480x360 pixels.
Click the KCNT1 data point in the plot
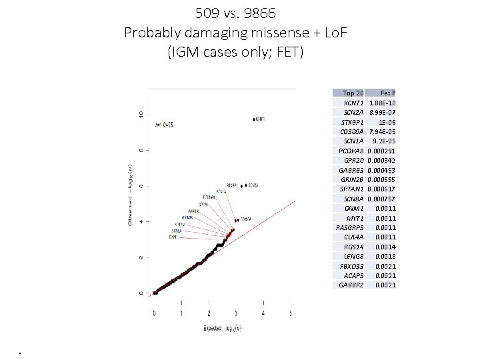click(253, 120)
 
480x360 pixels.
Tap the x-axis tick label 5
click(291, 313)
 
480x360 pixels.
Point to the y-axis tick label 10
click(139, 115)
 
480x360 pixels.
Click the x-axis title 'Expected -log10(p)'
click(222, 328)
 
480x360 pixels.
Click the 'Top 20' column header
click(353, 93)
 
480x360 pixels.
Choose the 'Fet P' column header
click(388, 93)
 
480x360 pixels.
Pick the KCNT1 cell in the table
click(353, 103)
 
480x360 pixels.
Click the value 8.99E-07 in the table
click(383, 113)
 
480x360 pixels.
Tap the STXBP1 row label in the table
click(352, 122)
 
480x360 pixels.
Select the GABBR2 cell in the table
click(351, 285)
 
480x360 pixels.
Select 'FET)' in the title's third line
click(289, 52)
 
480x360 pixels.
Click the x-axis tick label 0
click(155, 313)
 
